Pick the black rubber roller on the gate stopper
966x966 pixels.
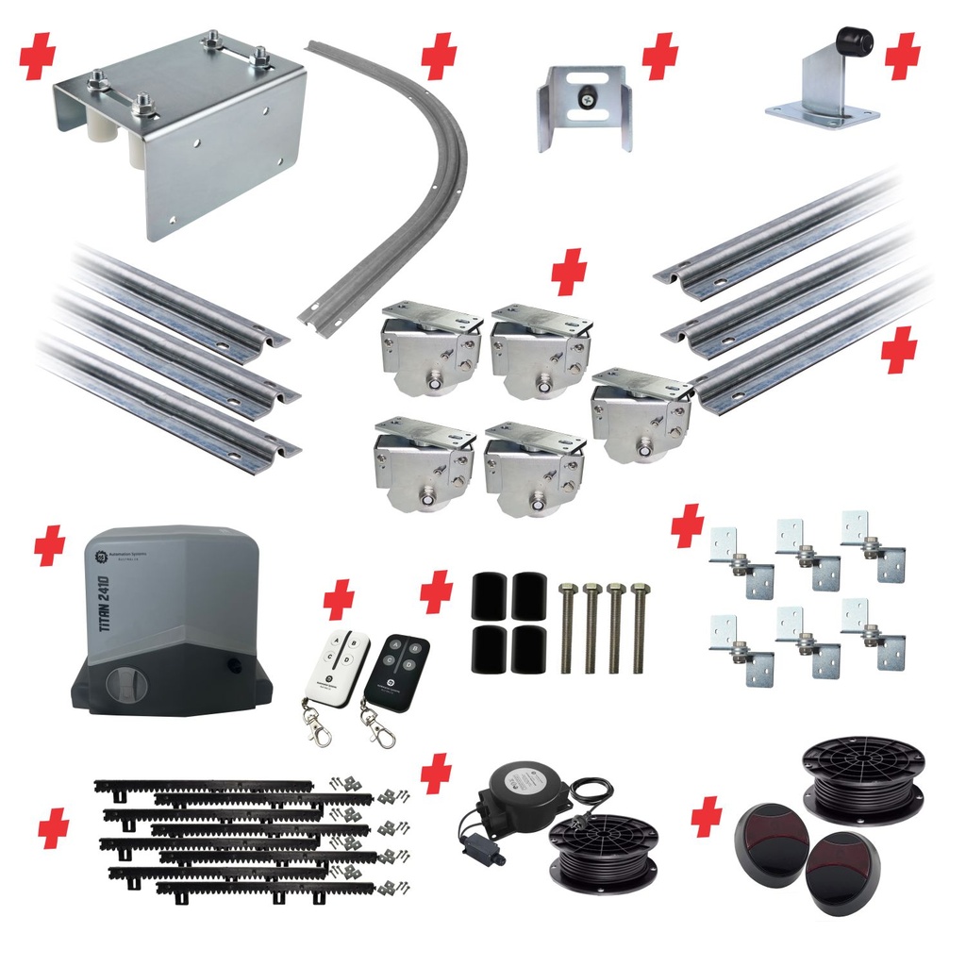tap(854, 42)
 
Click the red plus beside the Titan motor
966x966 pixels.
tap(49, 546)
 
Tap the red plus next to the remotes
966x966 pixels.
tap(339, 599)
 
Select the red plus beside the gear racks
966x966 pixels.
tap(54, 827)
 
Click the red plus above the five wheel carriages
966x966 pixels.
tap(569, 273)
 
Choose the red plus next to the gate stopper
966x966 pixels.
tap(903, 56)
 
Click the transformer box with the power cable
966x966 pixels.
tap(517, 791)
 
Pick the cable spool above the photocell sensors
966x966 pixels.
tap(862, 779)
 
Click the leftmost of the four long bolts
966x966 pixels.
tap(568, 626)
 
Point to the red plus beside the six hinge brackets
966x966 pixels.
tap(688, 525)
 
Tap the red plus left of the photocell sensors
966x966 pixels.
tap(707, 815)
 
